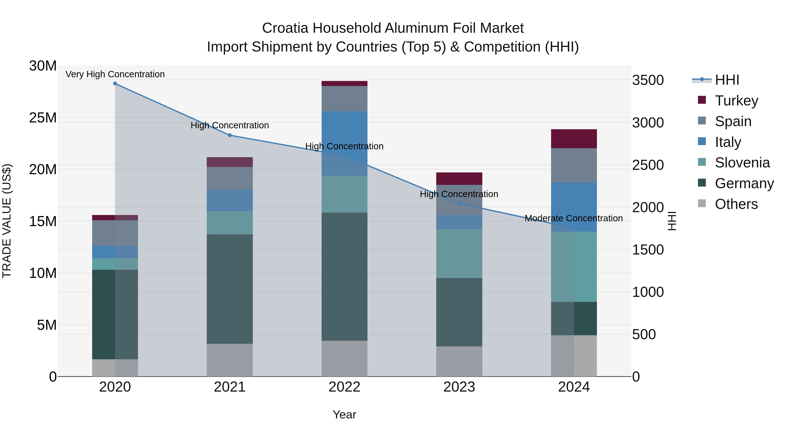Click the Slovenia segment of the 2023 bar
point(459,253)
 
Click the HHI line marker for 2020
point(115,84)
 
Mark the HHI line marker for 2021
point(230,135)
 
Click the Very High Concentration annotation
point(115,74)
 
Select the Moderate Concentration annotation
point(573,218)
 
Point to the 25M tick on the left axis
point(43,118)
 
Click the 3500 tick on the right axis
point(648,80)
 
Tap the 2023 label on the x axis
point(459,387)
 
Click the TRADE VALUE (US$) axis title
point(7,221)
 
